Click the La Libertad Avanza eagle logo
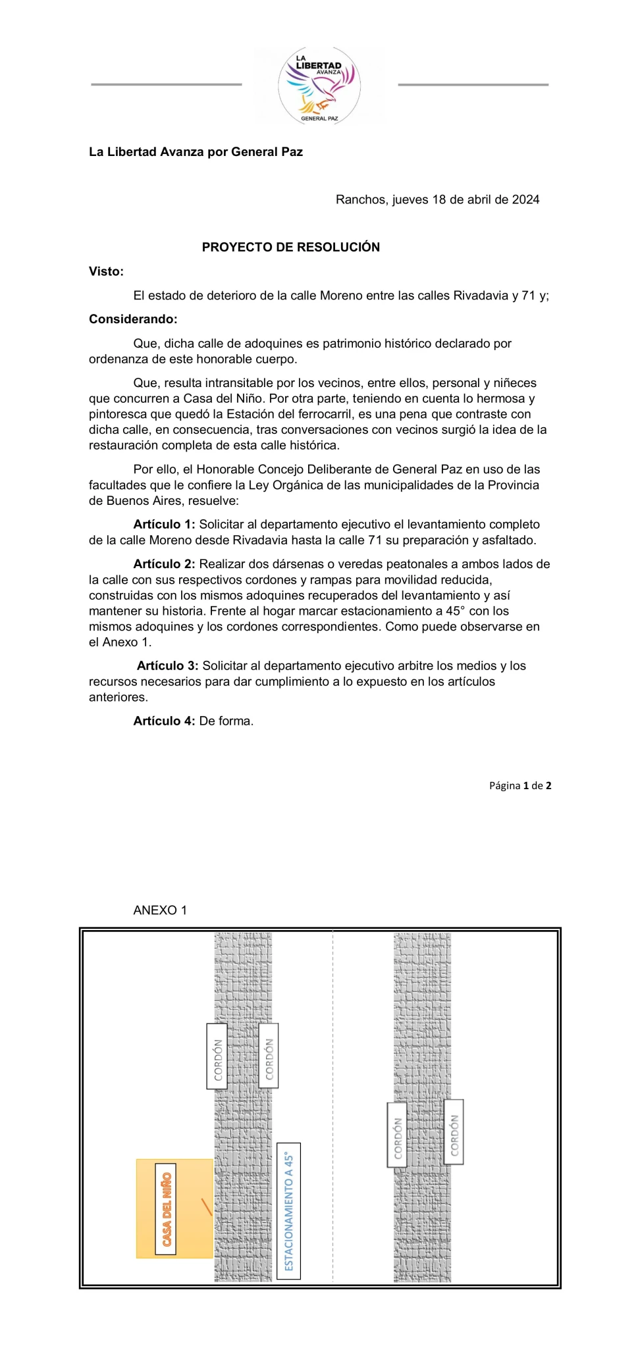(319, 86)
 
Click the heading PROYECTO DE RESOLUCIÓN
(290, 247)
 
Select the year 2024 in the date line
(525, 199)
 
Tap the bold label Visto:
(106, 271)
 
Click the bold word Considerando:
(133, 319)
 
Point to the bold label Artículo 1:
(164, 525)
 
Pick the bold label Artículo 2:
(164, 564)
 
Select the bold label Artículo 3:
(167, 665)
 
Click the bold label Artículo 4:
(164, 721)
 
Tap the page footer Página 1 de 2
(520, 785)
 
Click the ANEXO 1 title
(160, 910)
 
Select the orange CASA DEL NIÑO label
(166, 1209)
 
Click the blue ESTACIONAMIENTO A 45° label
(288, 1210)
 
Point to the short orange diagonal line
(206, 1207)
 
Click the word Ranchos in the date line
(361, 199)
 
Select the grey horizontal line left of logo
(166, 84)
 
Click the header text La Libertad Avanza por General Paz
(196, 152)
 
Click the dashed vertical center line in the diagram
(332, 1106)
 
